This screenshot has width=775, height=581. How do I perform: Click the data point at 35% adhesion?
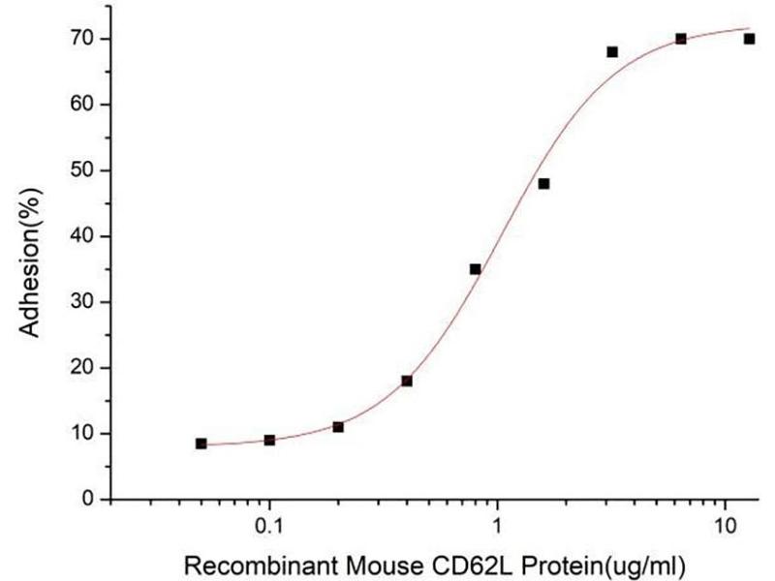[476, 269]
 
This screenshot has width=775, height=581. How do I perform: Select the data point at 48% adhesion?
[543, 184]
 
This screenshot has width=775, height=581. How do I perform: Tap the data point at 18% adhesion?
[407, 381]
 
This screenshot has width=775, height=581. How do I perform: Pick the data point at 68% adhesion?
[612, 51]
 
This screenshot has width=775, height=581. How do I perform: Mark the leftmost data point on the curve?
[201, 443]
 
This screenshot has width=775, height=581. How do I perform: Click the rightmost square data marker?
[749, 39]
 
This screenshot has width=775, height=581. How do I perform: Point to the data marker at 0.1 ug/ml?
[269, 440]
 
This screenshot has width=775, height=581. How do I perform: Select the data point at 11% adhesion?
[338, 427]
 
